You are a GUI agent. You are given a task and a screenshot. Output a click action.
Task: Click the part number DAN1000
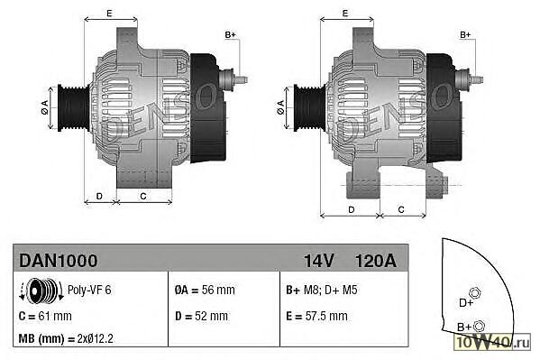[59, 261]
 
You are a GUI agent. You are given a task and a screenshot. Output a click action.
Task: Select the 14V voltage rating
[318, 261]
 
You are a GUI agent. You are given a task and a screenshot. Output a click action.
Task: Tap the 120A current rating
[376, 261]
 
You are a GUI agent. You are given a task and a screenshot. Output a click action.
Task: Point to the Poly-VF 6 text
[89, 290]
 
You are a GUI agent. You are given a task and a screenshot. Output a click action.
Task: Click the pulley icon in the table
[41, 291]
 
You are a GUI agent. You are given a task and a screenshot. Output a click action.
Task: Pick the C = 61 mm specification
[45, 316]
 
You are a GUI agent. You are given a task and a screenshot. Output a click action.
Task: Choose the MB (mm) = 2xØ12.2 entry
[66, 338]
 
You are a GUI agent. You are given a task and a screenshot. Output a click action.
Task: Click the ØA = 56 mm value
[205, 290]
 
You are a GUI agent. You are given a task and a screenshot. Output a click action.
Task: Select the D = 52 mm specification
[201, 316]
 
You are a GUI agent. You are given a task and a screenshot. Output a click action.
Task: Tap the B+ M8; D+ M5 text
[322, 290]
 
